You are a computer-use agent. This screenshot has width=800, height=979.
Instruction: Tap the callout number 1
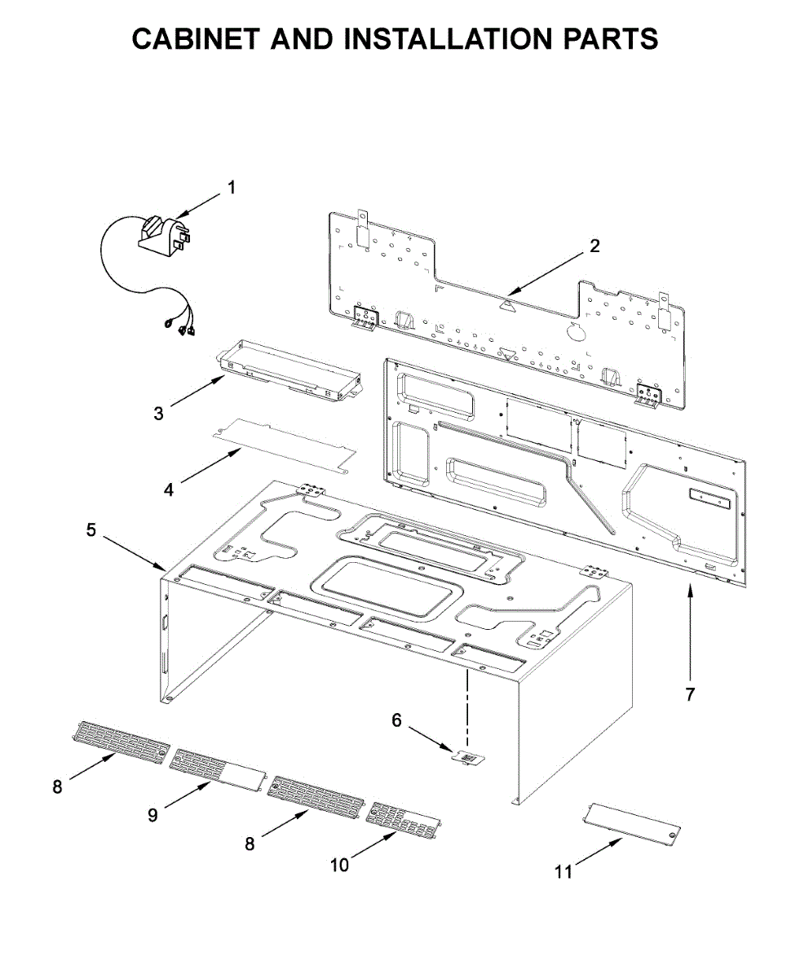pos(231,188)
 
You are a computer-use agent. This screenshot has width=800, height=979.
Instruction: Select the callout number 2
pos(594,245)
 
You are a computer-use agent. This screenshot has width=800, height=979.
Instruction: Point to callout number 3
pos(158,413)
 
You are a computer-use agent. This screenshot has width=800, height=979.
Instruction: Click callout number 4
pos(169,489)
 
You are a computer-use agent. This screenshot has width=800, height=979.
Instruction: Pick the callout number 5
pos(91,529)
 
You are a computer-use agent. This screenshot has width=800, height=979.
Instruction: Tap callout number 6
pos(397,720)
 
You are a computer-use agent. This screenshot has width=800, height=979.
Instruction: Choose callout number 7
pos(690,694)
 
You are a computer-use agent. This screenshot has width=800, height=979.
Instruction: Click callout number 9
pos(153,813)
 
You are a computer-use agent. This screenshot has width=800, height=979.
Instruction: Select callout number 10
pos(339,865)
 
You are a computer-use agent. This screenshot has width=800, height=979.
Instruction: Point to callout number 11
pos(564,872)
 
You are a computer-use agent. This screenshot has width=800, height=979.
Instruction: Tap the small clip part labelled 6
pos(467,758)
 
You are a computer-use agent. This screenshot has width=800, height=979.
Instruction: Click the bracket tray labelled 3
pos(290,371)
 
